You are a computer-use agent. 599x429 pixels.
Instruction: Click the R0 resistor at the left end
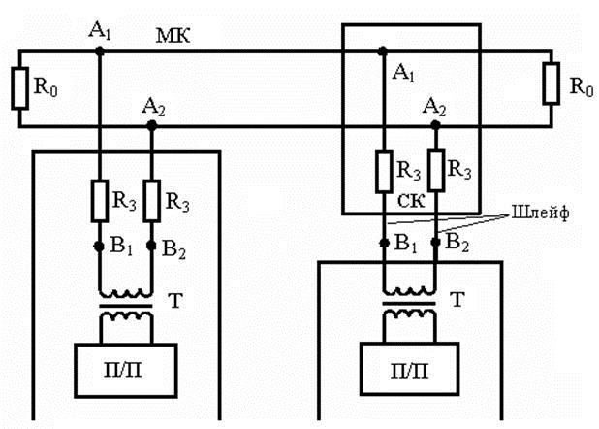[19, 88]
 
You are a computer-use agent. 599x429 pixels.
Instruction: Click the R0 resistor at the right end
[552, 83]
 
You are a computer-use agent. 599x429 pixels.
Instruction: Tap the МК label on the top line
[173, 36]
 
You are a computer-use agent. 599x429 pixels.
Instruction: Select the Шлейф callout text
[540, 213]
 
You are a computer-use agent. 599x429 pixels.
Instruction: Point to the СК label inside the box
[411, 201]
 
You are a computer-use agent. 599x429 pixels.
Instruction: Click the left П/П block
[126, 371]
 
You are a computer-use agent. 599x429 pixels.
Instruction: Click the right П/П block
[410, 369]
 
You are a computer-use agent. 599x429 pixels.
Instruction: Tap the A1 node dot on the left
[100, 50]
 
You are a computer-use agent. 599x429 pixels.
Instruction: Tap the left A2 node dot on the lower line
[152, 125]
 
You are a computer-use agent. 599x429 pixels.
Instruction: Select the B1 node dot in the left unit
[99, 247]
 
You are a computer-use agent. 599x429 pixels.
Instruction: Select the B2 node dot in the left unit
[151, 246]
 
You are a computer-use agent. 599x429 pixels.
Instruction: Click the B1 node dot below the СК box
[384, 243]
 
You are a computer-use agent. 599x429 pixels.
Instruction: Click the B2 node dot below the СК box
[435, 242]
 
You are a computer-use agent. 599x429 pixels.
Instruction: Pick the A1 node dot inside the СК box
[383, 50]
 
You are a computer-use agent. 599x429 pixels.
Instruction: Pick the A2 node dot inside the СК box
[435, 124]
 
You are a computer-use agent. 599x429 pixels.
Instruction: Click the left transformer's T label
[175, 301]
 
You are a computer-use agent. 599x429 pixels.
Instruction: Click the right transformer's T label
[457, 299]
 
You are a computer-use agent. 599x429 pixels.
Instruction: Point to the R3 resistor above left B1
[100, 201]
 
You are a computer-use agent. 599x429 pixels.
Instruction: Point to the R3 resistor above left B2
[151, 201]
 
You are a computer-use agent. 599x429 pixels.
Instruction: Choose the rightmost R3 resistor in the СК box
[436, 170]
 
